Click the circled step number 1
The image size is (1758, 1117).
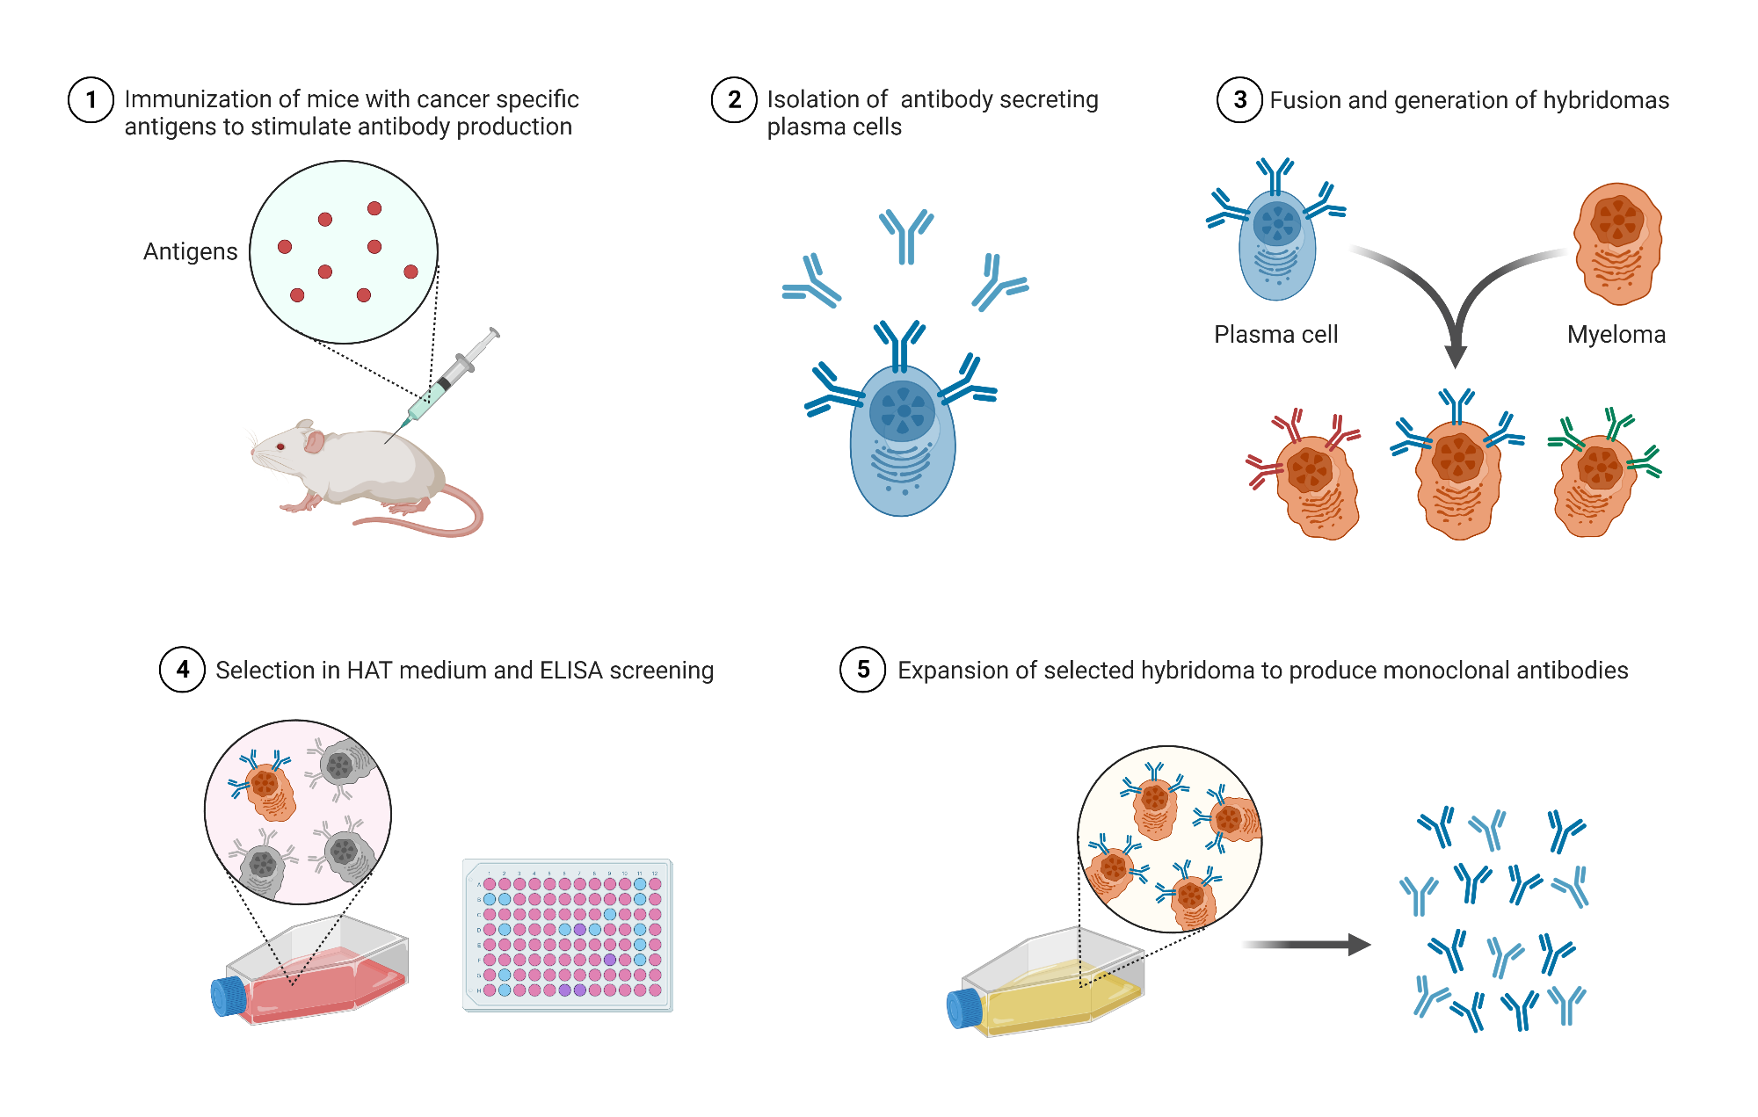point(91,100)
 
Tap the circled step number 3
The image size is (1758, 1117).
point(1239,100)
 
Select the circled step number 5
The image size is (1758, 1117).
point(862,670)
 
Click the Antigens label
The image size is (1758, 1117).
point(190,252)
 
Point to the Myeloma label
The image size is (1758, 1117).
point(1616,335)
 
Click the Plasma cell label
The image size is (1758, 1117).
point(1275,335)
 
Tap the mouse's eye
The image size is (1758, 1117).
point(281,446)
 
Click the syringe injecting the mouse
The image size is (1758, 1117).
point(447,379)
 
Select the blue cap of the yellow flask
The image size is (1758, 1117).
point(964,1009)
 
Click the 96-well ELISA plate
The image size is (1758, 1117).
point(568,936)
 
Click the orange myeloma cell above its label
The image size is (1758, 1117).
point(1617,244)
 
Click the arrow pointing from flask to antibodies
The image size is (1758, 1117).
point(1306,945)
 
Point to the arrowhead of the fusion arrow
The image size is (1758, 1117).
point(1456,356)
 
